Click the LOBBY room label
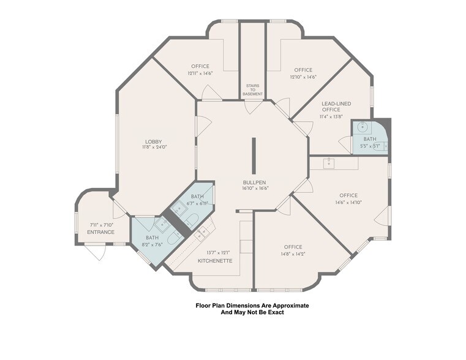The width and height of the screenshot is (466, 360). pyautogui.click(x=154, y=141)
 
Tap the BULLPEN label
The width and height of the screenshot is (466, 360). pyautogui.click(x=254, y=182)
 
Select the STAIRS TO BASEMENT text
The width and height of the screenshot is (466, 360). pyautogui.click(x=253, y=90)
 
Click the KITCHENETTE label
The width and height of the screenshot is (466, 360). pyautogui.click(x=215, y=261)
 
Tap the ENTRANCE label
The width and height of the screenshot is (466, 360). pyautogui.click(x=101, y=232)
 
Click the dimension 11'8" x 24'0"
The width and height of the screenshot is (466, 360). pyautogui.click(x=154, y=147)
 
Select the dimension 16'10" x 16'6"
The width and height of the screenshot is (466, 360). pyautogui.click(x=255, y=188)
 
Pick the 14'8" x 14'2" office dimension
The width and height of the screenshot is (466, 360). pyautogui.click(x=293, y=254)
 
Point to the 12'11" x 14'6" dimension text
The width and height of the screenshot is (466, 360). pyautogui.click(x=200, y=73)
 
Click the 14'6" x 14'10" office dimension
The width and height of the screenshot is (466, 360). pyautogui.click(x=348, y=202)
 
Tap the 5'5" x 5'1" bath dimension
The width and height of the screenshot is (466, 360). pyautogui.click(x=370, y=146)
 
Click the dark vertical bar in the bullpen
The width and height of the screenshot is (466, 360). pyautogui.click(x=254, y=156)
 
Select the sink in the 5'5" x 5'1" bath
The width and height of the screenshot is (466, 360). pyautogui.click(x=363, y=127)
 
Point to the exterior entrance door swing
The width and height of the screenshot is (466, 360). pyautogui.click(x=97, y=252)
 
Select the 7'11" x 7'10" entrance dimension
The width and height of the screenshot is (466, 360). pyautogui.click(x=102, y=225)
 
